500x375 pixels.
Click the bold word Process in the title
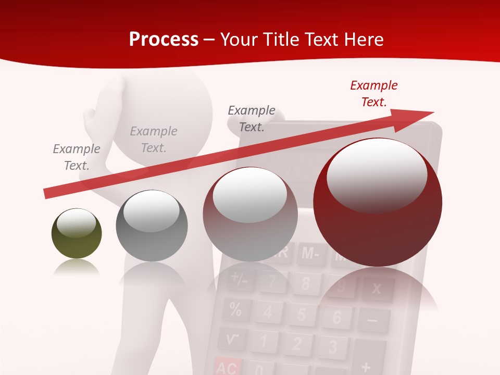164,40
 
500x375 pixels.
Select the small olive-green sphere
77,233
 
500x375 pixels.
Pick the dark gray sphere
152,226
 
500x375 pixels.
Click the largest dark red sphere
378,202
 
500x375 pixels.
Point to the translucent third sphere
250,214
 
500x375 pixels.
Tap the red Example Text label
373,94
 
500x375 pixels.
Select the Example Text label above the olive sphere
77,157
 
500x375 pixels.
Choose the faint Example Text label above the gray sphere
154,140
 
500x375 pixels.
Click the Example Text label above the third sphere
252,119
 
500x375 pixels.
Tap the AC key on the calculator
227,368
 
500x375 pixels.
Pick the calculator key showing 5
301,315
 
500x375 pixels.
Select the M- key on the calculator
310,254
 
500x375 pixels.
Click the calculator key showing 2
297,344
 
